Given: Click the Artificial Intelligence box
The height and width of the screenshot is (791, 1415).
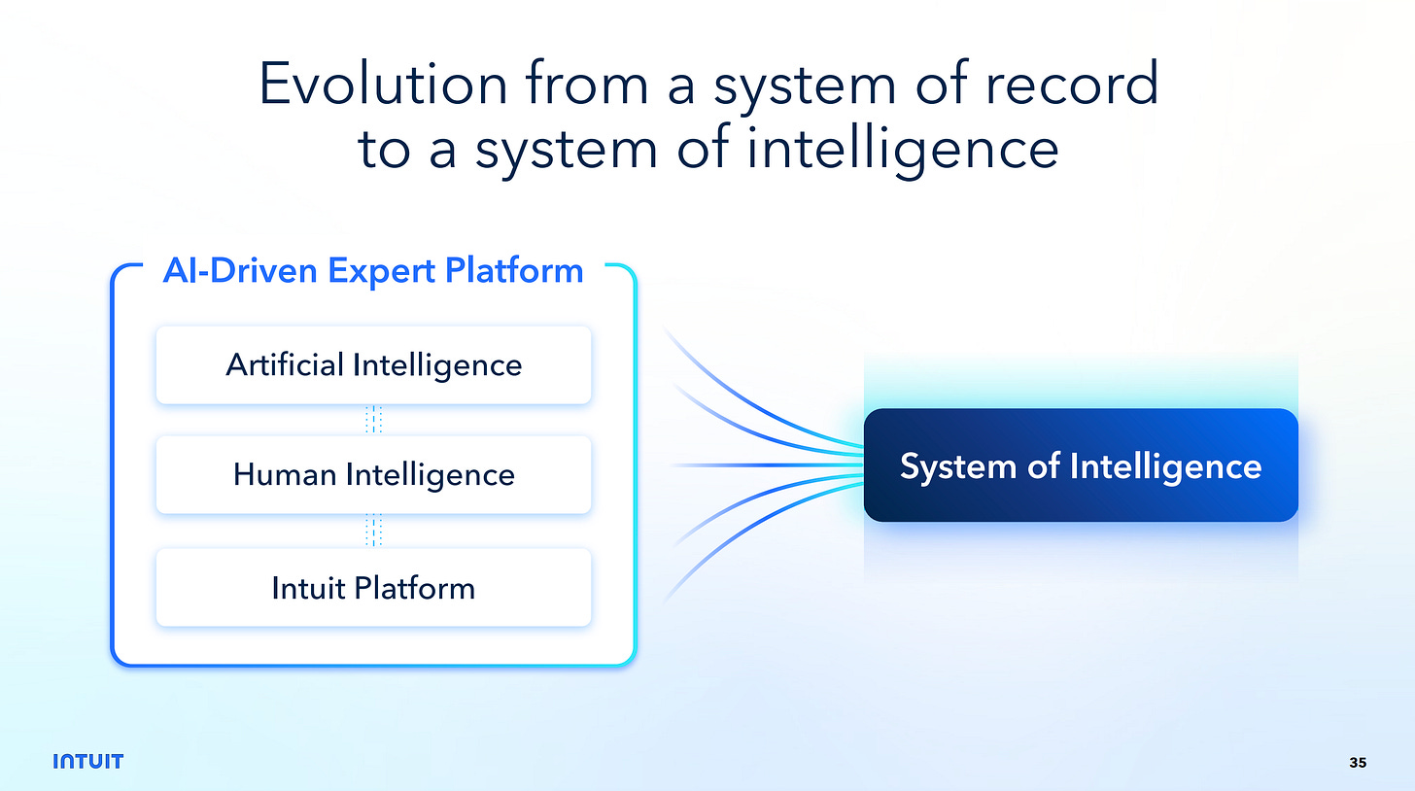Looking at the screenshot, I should pyautogui.click(x=373, y=365).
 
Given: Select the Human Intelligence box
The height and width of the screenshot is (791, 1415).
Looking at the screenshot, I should pyautogui.click(x=373, y=475).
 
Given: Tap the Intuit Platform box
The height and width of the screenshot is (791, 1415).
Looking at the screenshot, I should pyautogui.click(x=373, y=588).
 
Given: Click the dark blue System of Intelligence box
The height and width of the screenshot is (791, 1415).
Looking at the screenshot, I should pyautogui.click(x=1081, y=465).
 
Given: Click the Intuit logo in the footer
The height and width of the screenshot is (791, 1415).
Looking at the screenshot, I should pyautogui.click(x=87, y=761).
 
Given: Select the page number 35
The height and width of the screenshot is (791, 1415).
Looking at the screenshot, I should pyautogui.click(x=1358, y=763).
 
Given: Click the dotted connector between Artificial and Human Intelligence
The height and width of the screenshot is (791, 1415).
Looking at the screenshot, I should pyautogui.click(x=374, y=420).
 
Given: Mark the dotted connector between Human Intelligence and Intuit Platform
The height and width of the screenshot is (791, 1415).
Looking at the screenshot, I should pyautogui.click(x=374, y=532).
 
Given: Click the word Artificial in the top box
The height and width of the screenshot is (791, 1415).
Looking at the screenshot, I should pyautogui.click(x=285, y=365).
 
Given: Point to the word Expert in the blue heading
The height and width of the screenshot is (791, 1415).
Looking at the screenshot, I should pyautogui.click(x=384, y=270).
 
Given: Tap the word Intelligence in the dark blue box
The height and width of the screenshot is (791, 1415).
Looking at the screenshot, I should pyautogui.click(x=1165, y=466).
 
